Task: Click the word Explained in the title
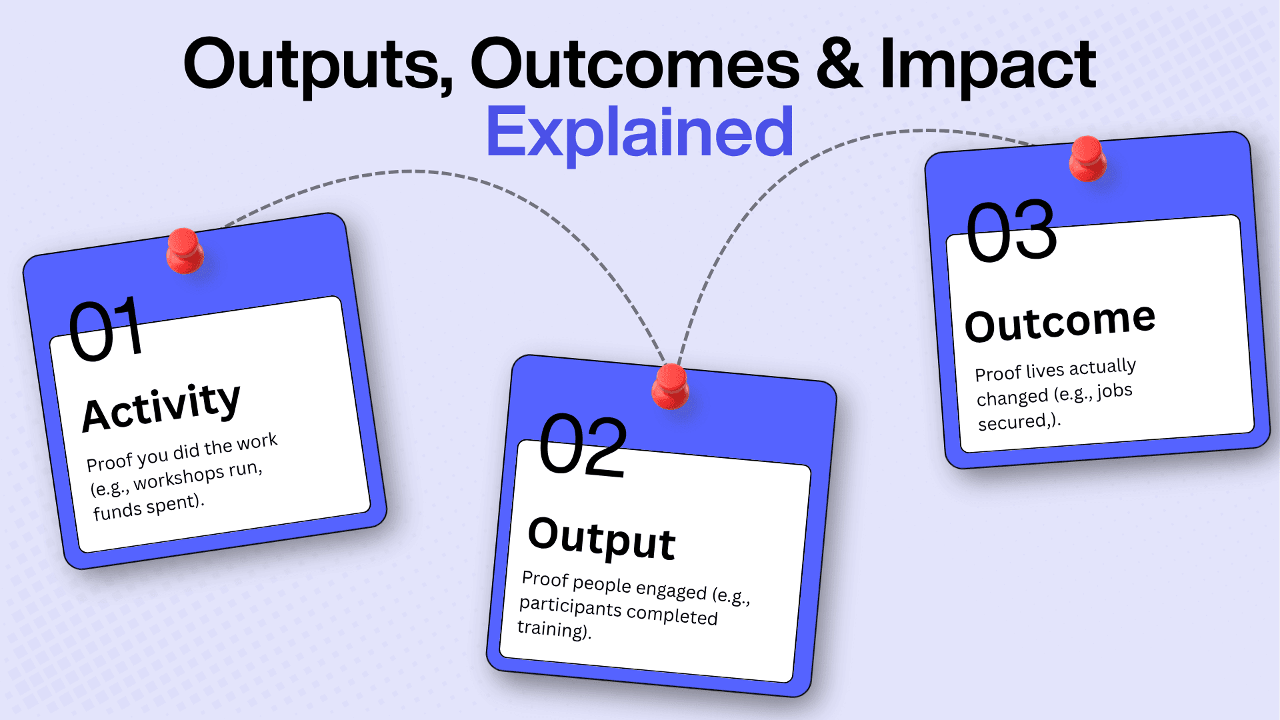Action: pos(640,132)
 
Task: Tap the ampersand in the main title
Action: pos(839,64)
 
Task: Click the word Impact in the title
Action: pos(988,66)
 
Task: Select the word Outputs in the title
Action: pos(317,66)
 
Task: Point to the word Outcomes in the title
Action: pos(635,65)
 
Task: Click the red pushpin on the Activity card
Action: pos(185,251)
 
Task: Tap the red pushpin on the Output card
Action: pos(670,387)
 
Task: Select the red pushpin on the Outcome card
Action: pos(1087,159)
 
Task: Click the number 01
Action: pos(107,329)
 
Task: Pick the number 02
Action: pos(583,445)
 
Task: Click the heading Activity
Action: pos(161,408)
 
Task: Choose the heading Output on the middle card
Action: pos(602,539)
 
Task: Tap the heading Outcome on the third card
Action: pos(1060,322)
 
